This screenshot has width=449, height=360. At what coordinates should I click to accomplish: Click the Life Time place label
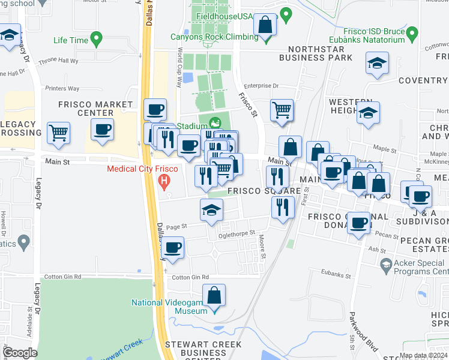(70, 40)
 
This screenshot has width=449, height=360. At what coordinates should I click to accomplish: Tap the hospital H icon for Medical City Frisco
(162, 180)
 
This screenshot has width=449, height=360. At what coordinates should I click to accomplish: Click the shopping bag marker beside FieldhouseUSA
(265, 25)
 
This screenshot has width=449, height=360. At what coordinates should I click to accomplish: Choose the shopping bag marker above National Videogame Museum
(214, 296)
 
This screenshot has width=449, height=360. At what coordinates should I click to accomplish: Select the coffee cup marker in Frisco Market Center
(102, 129)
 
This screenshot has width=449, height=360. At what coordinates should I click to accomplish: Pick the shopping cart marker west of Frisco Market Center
(59, 133)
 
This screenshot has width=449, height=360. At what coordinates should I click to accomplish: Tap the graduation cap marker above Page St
(211, 210)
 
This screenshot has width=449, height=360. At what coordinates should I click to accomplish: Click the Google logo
(20, 353)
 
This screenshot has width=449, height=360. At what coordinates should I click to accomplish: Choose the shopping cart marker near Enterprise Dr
(282, 110)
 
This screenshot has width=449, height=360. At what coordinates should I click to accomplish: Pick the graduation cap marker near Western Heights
(368, 112)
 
